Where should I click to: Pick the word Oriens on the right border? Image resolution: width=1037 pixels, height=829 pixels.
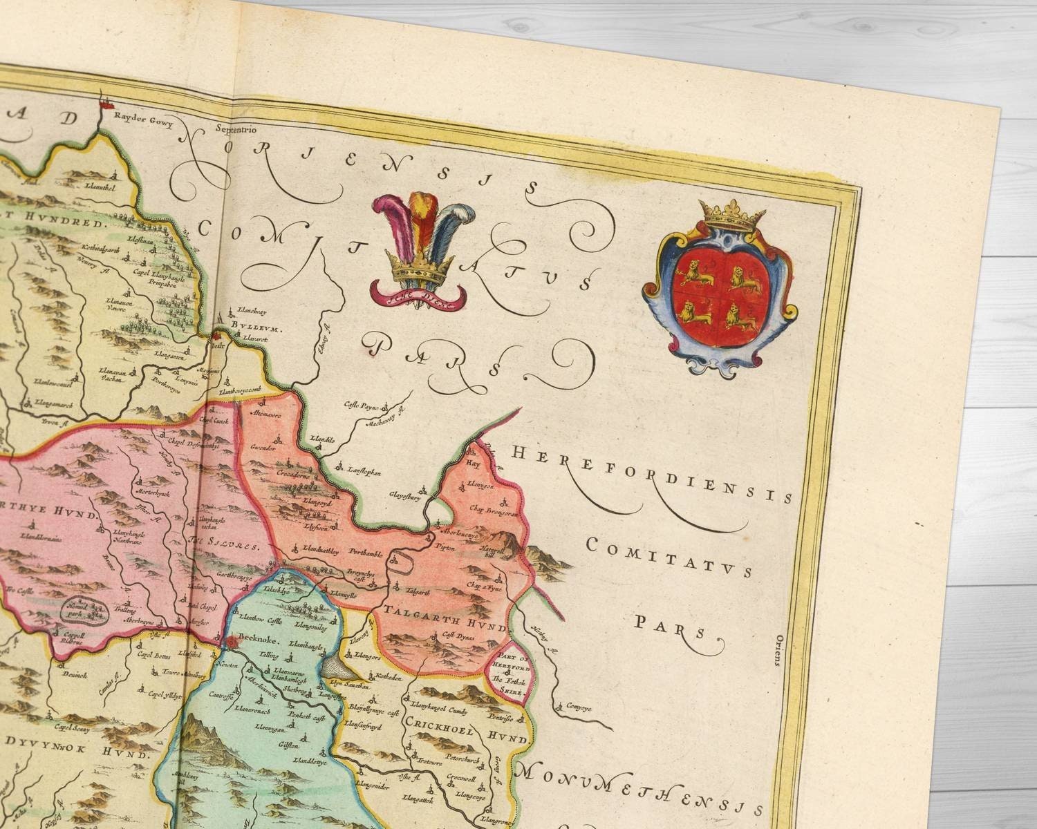[x=777, y=649]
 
